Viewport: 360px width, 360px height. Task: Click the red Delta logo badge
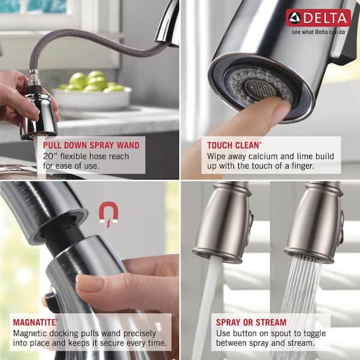point(318,17)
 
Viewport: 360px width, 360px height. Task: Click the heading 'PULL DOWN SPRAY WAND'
point(91,145)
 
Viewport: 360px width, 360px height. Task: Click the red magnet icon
point(107,214)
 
